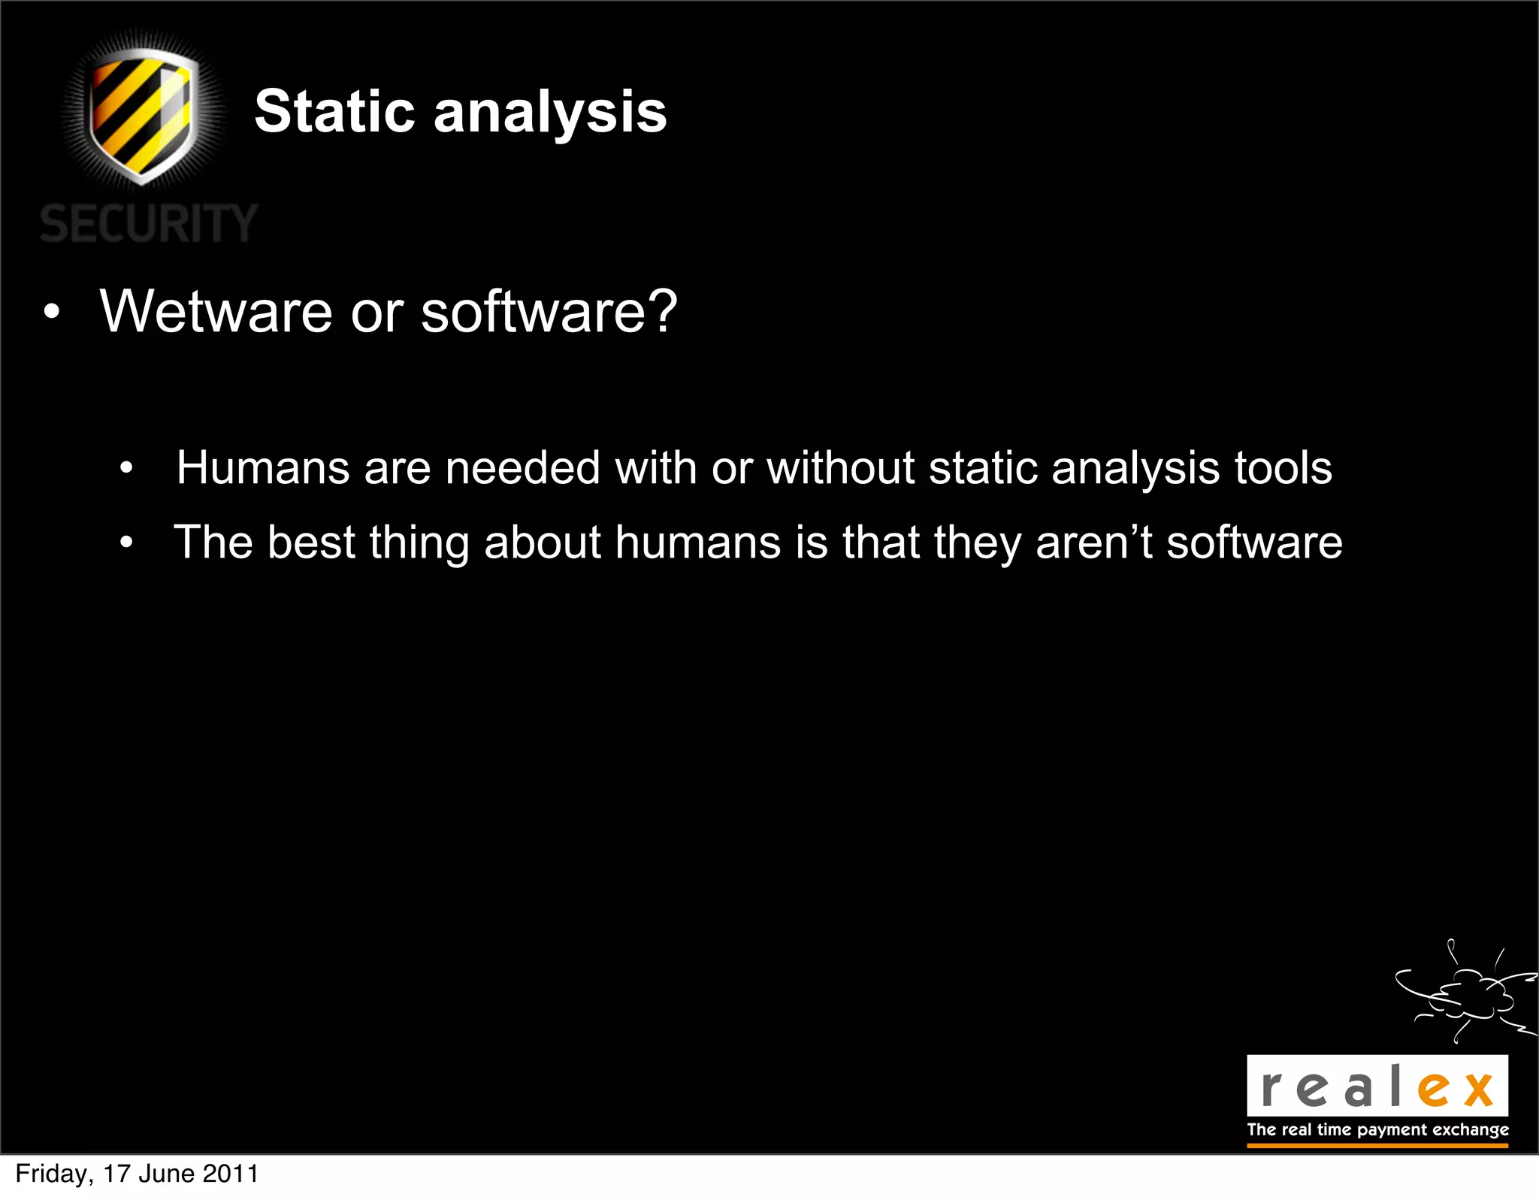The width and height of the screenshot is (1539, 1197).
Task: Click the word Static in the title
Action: pos(334,113)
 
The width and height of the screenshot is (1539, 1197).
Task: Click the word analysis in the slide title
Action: pos(550,113)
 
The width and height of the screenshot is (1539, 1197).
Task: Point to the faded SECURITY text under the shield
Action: pos(149,224)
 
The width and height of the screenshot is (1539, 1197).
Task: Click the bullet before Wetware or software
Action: pos(50,313)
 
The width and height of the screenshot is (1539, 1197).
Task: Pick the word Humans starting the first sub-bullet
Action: pos(262,467)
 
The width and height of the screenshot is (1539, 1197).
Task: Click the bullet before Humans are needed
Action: pos(126,469)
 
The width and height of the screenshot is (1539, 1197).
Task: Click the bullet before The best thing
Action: pos(126,543)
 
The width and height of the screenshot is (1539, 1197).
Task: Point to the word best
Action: pos(310,542)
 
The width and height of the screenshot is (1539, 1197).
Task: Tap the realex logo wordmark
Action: pos(1377,1087)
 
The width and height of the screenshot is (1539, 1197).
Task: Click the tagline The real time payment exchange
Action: pos(1377,1129)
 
